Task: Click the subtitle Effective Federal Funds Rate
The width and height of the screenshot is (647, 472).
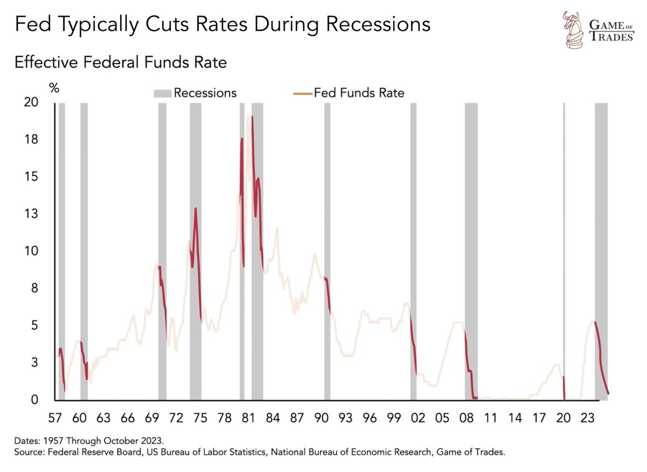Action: [x=121, y=63]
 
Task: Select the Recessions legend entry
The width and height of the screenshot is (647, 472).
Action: [x=195, y=93]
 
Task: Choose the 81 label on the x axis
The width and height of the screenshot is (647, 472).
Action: [x=248, y=418]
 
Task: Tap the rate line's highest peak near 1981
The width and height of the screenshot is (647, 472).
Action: [x=251, y=117]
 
